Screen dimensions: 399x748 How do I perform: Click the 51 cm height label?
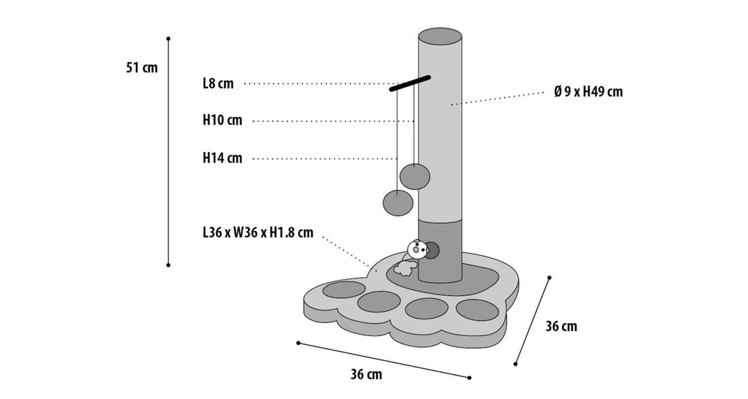pos(142,68)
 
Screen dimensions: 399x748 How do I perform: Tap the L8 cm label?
pos(218,84)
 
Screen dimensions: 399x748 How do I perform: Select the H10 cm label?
pos(222,121)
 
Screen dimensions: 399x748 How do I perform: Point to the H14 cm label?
pos(222,158)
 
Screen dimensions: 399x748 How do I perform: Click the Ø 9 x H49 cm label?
pos(588,92)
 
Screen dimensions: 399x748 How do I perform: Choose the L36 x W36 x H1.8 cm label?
pos(259,233)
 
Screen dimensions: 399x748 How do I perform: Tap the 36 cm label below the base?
pos(366,375)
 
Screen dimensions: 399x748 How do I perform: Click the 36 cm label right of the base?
pos(561,326)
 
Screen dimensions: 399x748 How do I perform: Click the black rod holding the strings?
pos(411,83)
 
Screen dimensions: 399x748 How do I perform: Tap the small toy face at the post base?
pos(416,249)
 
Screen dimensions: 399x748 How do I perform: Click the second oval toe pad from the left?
pos(381,302)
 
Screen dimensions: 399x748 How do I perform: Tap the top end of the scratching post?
pos(441,37)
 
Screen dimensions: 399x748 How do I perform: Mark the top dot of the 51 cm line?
pos(169,37)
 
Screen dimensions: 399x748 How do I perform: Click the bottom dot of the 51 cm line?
pos(169,265)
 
